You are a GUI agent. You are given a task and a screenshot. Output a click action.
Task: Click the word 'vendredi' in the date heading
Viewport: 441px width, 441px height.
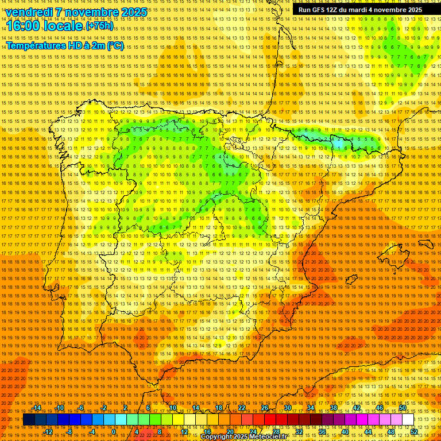pyautogui.click(x=29, y=12)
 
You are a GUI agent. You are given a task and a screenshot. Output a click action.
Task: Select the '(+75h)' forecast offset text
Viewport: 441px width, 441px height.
pyautogui.click(x=99, y=26)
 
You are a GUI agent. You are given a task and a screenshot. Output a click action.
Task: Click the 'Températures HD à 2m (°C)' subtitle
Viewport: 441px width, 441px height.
pyautogui.click(x=64, y=45)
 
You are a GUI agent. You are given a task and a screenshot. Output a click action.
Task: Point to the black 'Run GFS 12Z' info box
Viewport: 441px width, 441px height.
pyautogui.click(x=360, y=9)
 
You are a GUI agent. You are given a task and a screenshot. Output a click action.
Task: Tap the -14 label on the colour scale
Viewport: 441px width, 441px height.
pyautogui.click(x=37, y=408)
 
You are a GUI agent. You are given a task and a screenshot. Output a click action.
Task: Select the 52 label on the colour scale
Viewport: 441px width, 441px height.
pyautogui.click(x=414, y=432)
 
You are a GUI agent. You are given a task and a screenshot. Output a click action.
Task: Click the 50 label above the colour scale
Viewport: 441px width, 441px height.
pyautogui.click(x=403, y=408)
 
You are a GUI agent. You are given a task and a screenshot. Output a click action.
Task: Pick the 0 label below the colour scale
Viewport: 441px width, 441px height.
pyautogui.click(x=114, y=432)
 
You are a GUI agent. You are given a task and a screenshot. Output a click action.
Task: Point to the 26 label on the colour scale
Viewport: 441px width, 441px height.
pyautogui.click(x=265, y=408)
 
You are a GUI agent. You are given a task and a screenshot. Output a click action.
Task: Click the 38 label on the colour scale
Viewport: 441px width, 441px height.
pyautogui.click(x=334, y=408)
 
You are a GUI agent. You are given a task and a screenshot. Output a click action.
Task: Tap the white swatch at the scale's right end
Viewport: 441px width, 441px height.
pyautogui.click(x=408, y=420)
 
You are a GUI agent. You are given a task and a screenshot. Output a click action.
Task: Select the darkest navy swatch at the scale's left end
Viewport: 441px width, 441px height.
pyautogui.click(x=29, y=420)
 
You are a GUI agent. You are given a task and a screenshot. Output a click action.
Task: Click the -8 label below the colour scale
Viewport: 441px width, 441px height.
pyautogui.click(x=70, y=432)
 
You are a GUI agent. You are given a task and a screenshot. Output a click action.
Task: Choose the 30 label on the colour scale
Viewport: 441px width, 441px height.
pyautogui.click(x=288, y=408)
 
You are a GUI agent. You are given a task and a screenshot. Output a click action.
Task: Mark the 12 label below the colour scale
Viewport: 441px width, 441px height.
pyautogui.click(x=184, y=432)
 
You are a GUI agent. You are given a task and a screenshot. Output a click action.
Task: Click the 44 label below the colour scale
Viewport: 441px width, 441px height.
pyautogui.click(x=368, y=432)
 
